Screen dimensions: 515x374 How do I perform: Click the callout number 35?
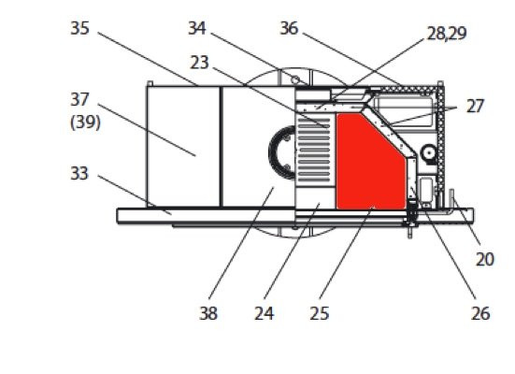[x=79, y=28]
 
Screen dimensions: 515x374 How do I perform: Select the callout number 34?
[x=197, y=28]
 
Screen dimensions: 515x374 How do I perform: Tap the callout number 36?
[x=289, y=28]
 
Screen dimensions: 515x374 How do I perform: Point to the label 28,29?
[x=447, y=34]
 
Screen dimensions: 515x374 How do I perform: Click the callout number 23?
[x=199, y=63]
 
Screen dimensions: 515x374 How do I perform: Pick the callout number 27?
[x=475, y=107]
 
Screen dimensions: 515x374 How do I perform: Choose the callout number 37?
[x=79, y=100]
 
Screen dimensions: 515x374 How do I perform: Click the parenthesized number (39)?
[x=85, y=122]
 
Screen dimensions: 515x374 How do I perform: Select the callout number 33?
[x=79, y=173]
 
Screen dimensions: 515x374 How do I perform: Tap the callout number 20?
[x=485, y=259]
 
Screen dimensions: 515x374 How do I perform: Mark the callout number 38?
[x=208, y=313]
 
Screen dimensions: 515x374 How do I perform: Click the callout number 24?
[x=265, y=313]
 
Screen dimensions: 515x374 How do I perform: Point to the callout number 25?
[x=320, y=313]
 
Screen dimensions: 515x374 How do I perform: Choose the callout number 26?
[x=480, y=313]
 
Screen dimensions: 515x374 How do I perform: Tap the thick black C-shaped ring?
[x=273, y=152]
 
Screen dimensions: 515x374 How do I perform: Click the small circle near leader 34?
[x=295, y=79]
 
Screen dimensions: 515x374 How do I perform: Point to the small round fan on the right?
[x=429, y=152]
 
